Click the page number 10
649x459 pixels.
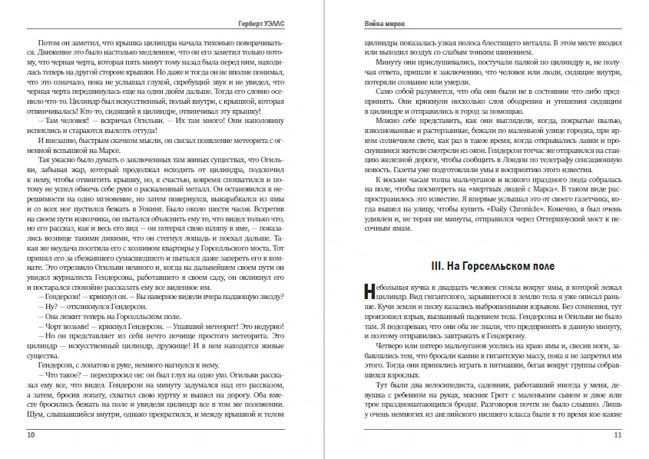click(31, 434)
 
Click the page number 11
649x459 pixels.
click(618, 434)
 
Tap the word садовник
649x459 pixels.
click(482, 380)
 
